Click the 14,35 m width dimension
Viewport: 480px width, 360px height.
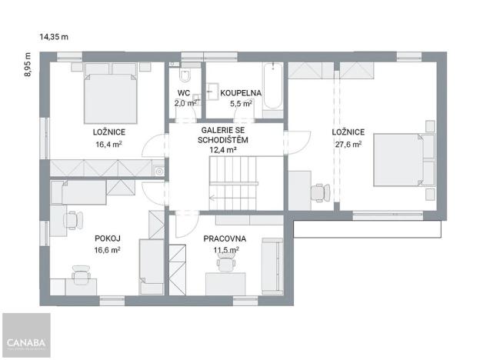(54, 36)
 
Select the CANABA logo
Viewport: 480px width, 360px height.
(26, 342)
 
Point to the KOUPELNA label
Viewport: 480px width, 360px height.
(241, 93)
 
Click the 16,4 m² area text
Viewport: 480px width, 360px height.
(108, 143)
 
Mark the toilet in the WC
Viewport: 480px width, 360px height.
(184, 78)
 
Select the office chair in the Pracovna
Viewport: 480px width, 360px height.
(225, 264)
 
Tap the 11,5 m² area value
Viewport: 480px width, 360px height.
(226, 249)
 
